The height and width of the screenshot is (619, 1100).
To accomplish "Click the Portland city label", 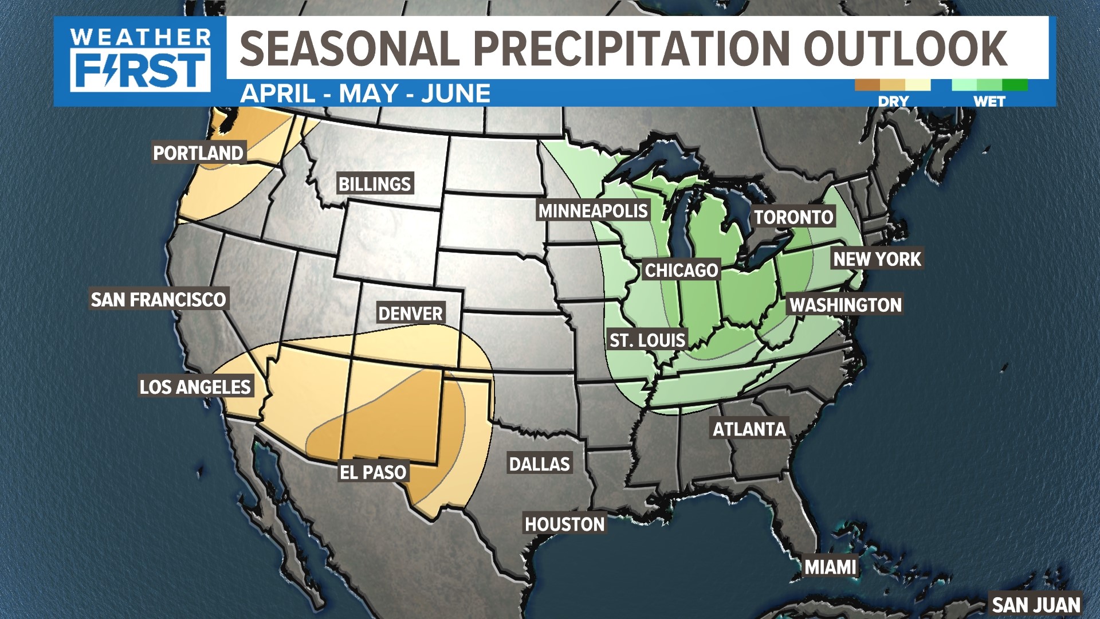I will pos(198,153).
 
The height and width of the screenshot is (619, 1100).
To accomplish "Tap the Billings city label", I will pos(375,184).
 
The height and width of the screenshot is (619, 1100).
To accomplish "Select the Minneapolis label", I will pos(593,211).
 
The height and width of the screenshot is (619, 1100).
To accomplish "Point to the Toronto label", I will pos(793,217).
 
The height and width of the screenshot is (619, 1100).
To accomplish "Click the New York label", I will pos(877,259).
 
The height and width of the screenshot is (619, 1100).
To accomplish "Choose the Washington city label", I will pos(846,305).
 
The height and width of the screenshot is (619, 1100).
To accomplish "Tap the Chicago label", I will pos(681,270).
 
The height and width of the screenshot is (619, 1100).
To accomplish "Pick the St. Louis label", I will pos(647,340).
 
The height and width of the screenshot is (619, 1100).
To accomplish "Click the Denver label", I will pos(410,314).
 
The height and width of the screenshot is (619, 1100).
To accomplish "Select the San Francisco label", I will pos(159,299).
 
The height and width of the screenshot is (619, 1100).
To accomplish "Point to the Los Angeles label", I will pos(195,387).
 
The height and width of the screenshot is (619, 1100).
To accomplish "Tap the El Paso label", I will pos(373,472).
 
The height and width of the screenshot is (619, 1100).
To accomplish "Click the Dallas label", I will pos(540,464).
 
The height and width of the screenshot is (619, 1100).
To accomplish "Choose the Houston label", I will pos(565,524).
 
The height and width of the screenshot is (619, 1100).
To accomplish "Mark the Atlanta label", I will pos(749,429).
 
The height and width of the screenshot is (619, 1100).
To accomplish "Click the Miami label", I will pos(830,567).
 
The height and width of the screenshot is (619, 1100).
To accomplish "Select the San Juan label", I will pos(1036,605).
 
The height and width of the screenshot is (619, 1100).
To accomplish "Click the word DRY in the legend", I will pos(893,101).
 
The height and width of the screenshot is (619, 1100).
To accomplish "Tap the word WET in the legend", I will pos(989,101).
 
